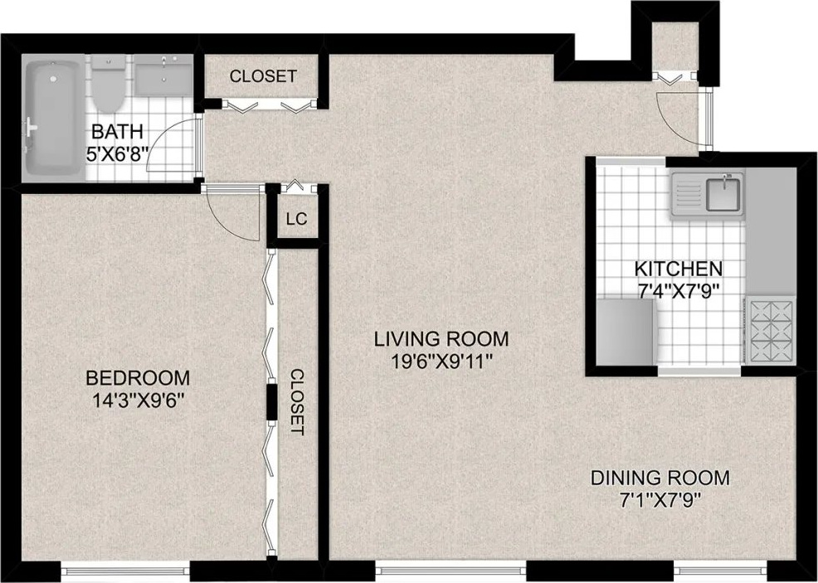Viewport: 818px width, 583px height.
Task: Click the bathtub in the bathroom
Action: pyautogui.click(x=54, y=118)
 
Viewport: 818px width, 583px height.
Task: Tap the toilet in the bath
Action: pyautogui.click(x=109, y=84)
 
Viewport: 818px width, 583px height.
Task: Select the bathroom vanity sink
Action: pyautogui.click(x=163, y=76)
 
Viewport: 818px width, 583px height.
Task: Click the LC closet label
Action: pyautogui.click(x=297, y=219)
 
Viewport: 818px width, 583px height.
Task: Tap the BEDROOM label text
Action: pyautogui.click(x=138, y=377)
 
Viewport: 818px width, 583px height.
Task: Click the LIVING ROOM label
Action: pyautogui.click(x=441, y=339)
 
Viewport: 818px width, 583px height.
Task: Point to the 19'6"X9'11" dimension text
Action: pyautogui.click(x=441, y=362)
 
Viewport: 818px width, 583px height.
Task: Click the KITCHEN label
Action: pyautogui.click(x=678, y=269)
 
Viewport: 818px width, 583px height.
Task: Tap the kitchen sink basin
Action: pyautogui.click(x=723, y=193)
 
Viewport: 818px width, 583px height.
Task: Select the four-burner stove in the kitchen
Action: pyautogui.click(x=771, y=331)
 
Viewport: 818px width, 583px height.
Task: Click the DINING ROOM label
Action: pyautogui.click(x=660, y=477)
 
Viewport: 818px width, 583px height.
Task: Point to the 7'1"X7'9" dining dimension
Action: pyautogui.click(x=660, y=501)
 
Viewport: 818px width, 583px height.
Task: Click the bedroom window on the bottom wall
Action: pyautogui.click(x=125, y=566)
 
